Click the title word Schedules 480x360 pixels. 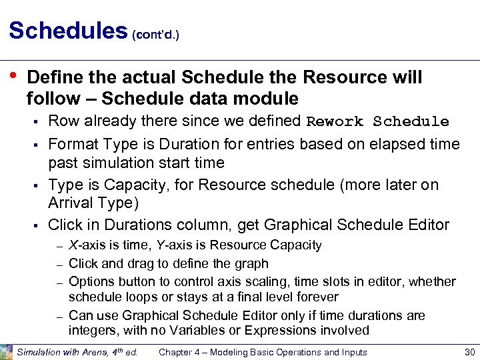[x=67, y=31]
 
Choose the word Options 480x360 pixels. [x=91, y=281]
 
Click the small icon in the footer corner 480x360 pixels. [x=6, y=351]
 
